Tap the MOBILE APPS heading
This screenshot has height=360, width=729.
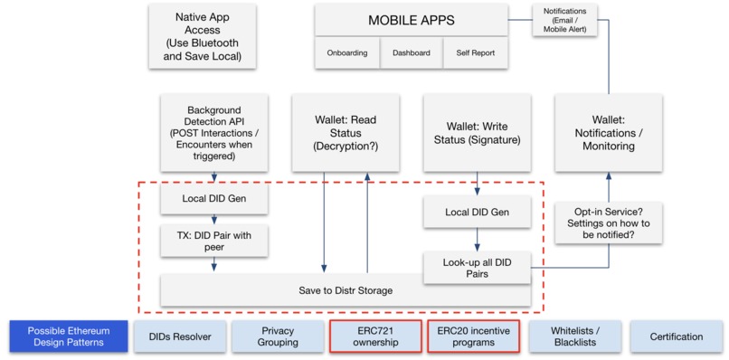click(x=411, y=20)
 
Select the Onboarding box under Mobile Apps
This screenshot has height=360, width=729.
click(x=346, y=53)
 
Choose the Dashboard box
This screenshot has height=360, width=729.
click(x=411, y=53)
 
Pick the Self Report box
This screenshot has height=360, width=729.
click(x=476, y=53)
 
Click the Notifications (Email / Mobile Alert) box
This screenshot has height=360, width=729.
click(x=563, y=20)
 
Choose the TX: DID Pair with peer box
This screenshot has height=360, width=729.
click(x=214, y=240)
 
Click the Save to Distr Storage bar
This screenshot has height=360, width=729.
click(x=345, y=290)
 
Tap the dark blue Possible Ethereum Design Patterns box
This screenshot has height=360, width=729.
click(x=65, y=336)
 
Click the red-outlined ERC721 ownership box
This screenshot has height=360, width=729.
click(x=374, y=336)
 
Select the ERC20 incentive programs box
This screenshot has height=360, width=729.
click(x=472, y=336)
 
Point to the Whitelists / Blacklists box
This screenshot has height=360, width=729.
click(x=574, y=336)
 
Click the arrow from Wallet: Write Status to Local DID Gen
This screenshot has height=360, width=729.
click(x=476, y=184)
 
